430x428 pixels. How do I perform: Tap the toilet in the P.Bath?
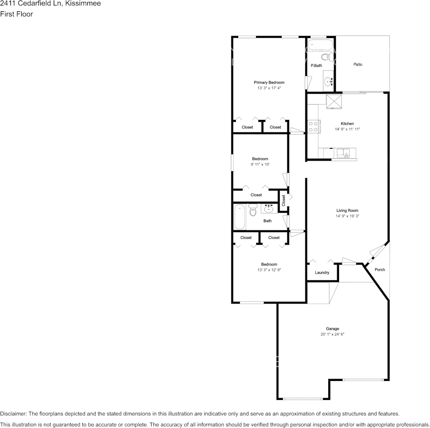(325, 57)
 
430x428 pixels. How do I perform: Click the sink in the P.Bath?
(329, 82)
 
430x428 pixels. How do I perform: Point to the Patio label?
(358, 65)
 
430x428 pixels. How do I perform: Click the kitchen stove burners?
(312, 126)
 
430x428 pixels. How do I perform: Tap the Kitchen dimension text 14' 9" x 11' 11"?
(347, 129)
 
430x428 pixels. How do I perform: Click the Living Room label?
(347, 210)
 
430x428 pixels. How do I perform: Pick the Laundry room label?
(322, 272)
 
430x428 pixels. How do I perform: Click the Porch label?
(380, 270)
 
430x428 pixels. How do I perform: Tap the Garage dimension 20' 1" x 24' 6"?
(332, 334)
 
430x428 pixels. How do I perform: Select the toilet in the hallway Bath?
(253, 211)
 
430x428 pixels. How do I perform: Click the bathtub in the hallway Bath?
(239, 217)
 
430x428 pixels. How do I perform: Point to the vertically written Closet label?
(283, 200)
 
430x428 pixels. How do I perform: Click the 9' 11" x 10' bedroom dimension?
(260, 165)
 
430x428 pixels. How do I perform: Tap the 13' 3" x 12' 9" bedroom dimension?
(269, 270)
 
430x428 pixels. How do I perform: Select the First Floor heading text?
(16, 14)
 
